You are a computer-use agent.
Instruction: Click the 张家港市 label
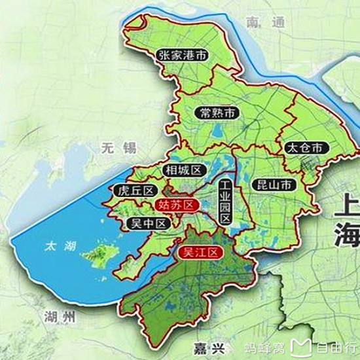pos(183,56)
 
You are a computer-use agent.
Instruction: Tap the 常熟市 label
pos(218,113)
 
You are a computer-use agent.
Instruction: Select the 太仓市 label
pos(304,147)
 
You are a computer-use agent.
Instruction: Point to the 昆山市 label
pos(275,185)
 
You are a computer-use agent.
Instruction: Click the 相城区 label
pos(183,170)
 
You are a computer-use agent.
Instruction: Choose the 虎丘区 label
pos(134,190)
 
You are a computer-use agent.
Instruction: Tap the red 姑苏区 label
pos(177,205)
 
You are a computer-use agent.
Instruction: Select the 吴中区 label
pos(147,223)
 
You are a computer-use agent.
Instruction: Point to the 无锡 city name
pos(118,147)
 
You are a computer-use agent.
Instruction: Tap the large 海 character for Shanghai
pos(346,236)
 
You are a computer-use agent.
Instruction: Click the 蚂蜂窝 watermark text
pos(264,347)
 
